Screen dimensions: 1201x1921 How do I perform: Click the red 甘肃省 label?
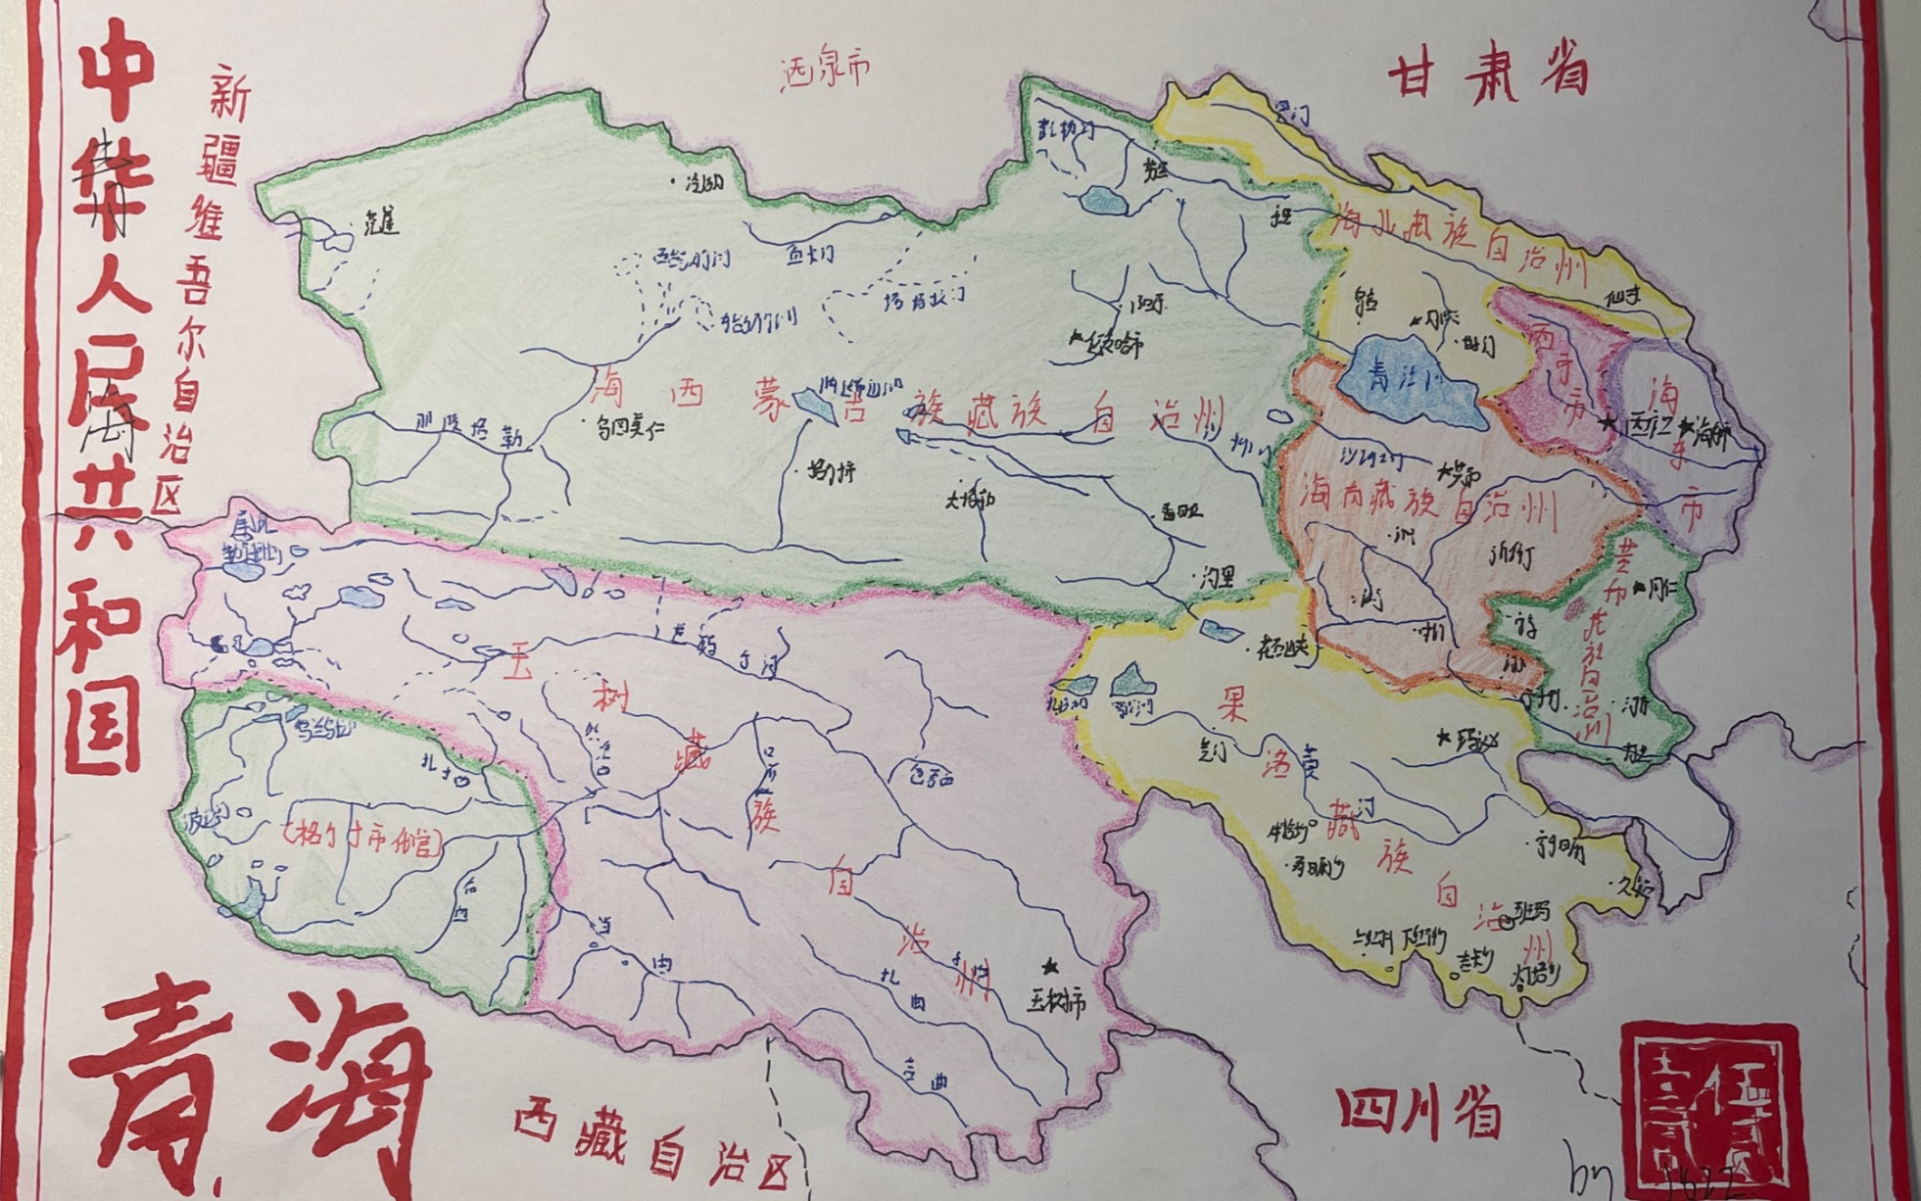coord(1487,71)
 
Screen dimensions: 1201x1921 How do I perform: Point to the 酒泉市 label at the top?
coord(825,71)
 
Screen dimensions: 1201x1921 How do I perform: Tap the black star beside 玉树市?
coord(1050,968)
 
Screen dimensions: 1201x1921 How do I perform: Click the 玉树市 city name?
coord(1058,1001)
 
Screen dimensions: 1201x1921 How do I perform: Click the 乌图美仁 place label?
coord(631,427)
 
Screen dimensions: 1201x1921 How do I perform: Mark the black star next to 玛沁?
coord(1443,737)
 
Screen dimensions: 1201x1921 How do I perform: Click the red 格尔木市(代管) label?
coord(360,840)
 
